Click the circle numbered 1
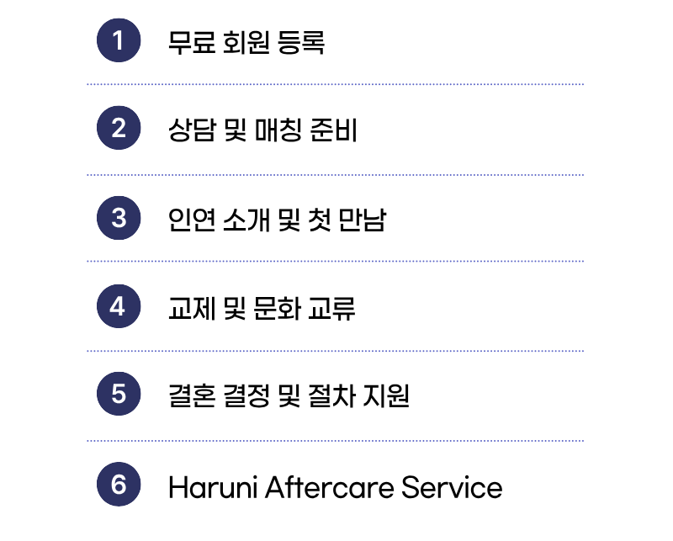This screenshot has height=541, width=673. pos(119,40)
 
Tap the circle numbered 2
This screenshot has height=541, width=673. pos(119,128)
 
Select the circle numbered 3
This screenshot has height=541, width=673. pos(119,218)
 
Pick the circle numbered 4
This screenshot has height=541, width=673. pos(119,306)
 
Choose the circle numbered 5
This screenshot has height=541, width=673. pos(119,394)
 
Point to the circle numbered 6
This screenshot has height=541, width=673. pos(119,485)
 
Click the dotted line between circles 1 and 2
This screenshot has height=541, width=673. pos(335,85)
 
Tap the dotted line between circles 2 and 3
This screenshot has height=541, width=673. pos(335,175)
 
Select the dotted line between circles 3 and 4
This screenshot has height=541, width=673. pos(335,262)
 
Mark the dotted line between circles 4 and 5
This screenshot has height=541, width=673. pos(335,351)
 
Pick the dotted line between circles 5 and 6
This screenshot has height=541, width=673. pos(335,441)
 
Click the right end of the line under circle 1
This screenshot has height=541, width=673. pos(582,85)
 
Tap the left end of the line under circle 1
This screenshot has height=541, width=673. pos(87,85)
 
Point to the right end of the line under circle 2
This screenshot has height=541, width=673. pos(582,175)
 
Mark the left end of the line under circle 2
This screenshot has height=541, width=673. pos(87,175)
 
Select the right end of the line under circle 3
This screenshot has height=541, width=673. pos(582,262)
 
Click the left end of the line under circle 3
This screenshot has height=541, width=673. pos(87,262)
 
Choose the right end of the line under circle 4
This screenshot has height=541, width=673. pos(582,351)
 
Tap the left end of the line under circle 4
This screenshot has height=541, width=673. pos(87,351)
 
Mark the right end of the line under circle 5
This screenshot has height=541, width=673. pos(582,441)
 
